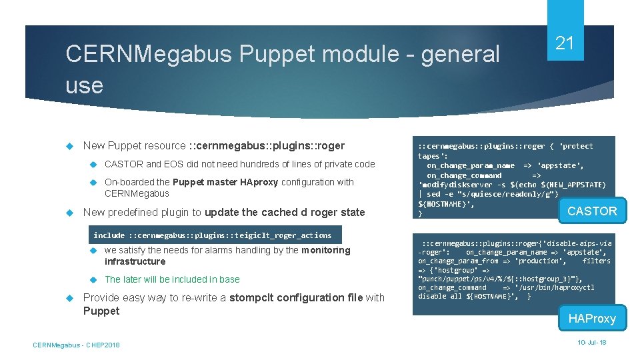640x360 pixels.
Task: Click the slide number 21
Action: coord(565,44)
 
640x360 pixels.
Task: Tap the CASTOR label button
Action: coord(592,211)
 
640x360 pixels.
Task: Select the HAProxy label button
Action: coord(592,319)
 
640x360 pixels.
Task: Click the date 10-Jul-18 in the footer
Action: coord(593,342)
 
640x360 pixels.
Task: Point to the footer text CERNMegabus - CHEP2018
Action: coord(76,345)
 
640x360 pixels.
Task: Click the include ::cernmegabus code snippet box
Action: coord(212,235)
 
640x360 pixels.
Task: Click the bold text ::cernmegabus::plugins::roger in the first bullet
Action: coord(267,146)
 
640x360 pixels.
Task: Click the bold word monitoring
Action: coord(325,250)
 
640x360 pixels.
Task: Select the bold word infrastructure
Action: coord(135,261)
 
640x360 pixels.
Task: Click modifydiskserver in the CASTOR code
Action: coord(454,184)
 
